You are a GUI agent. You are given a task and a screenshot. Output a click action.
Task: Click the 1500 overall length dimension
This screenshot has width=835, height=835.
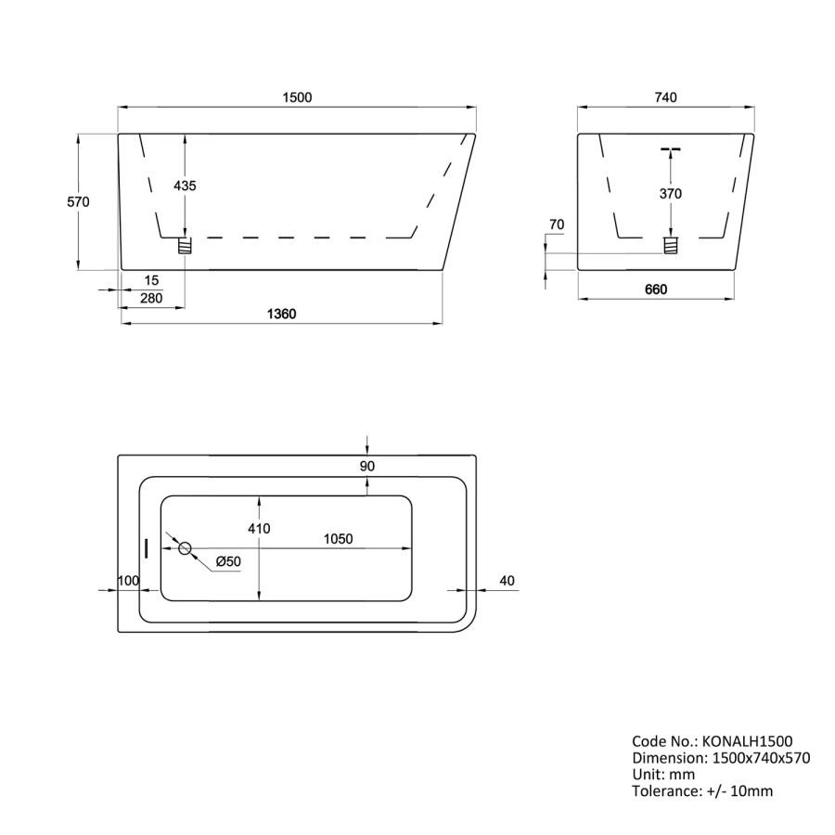(x=297, y=97)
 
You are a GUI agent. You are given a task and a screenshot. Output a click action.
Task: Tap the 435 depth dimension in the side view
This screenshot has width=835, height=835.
(x=186, y=186)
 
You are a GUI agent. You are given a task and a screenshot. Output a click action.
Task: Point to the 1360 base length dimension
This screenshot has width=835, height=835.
(x=280, y=315)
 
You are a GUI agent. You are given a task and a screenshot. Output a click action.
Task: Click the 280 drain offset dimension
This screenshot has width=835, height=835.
(x=151, y=298)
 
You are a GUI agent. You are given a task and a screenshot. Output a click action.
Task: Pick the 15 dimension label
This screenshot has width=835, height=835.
(x=151, y=280)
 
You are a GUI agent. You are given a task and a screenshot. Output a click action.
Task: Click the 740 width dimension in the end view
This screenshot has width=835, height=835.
(x=666, y=97)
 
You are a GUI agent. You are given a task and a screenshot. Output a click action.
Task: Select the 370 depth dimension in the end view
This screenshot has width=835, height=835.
(x=670, y=194)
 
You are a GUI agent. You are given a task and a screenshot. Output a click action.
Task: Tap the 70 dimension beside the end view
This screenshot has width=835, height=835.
(x=557, y=225)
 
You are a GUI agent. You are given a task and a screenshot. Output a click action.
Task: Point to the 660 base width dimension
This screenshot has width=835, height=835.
(x=656, y=289)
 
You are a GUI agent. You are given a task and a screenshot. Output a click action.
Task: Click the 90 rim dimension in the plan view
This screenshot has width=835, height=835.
(x=367, y=467)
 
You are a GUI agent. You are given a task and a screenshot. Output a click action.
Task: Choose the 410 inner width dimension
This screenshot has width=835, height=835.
(x=259, y=529)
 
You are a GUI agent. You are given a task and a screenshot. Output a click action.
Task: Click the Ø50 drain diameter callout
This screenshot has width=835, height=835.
(x=228, y=562)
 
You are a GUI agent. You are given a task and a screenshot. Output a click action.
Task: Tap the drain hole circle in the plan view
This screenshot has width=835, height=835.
(x=185, y=548)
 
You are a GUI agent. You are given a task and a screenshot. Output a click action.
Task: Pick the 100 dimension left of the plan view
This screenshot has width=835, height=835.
(x=128, y=581)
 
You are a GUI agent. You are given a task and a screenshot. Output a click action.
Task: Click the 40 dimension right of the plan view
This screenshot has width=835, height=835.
(x=507, y=581)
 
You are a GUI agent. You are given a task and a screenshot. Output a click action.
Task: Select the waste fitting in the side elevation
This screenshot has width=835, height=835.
(x=186, y=246)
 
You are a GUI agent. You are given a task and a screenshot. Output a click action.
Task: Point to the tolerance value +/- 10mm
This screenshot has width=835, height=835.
(x=739, y=790)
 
